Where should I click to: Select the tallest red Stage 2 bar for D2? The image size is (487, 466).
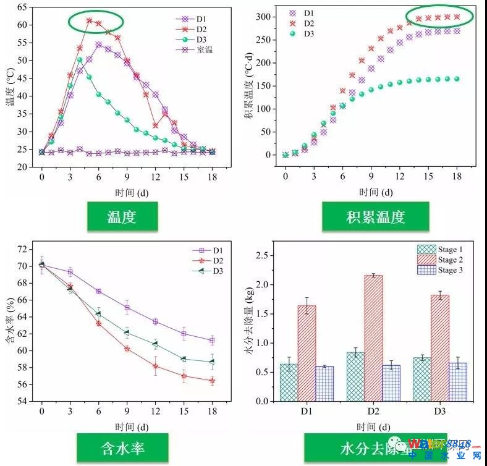click(x=374, y=338)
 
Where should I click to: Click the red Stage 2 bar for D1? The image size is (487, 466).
click(x=307, y=353)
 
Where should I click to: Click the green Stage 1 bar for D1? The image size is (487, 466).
click(x=289, y=383)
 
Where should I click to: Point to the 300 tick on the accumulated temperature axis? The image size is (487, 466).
click(x=265, y=17)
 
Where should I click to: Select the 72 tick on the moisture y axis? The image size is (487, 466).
click(x=23, y=249)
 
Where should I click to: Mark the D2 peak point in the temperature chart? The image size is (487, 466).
click(x=89, y=20)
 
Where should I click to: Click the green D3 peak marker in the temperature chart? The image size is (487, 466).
click(x=80, y=60)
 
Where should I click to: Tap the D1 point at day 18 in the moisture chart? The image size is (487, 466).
click(x=212, y=341)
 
